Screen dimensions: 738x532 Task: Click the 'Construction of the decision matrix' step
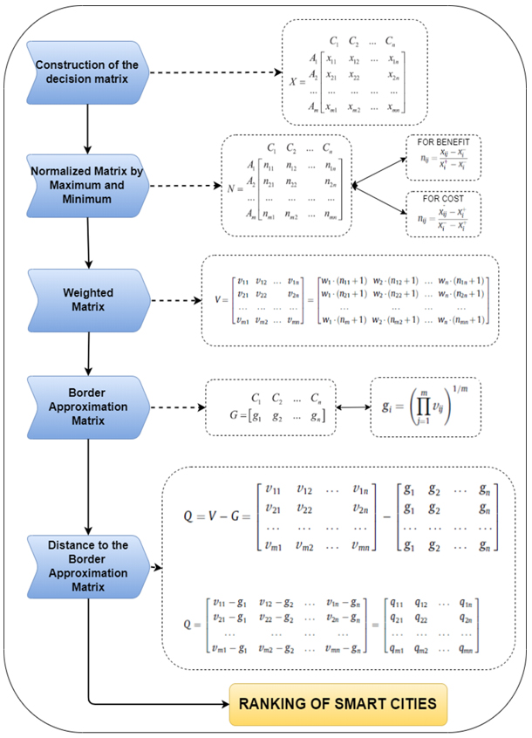click(x=87, y=71)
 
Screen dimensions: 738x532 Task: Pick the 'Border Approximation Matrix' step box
click(x=87, y=406)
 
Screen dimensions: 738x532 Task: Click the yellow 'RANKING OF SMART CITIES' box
click(x=338, y=701)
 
